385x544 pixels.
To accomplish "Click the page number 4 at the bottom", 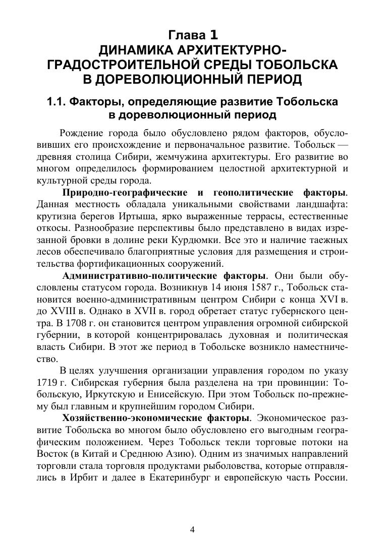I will (192, 529).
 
